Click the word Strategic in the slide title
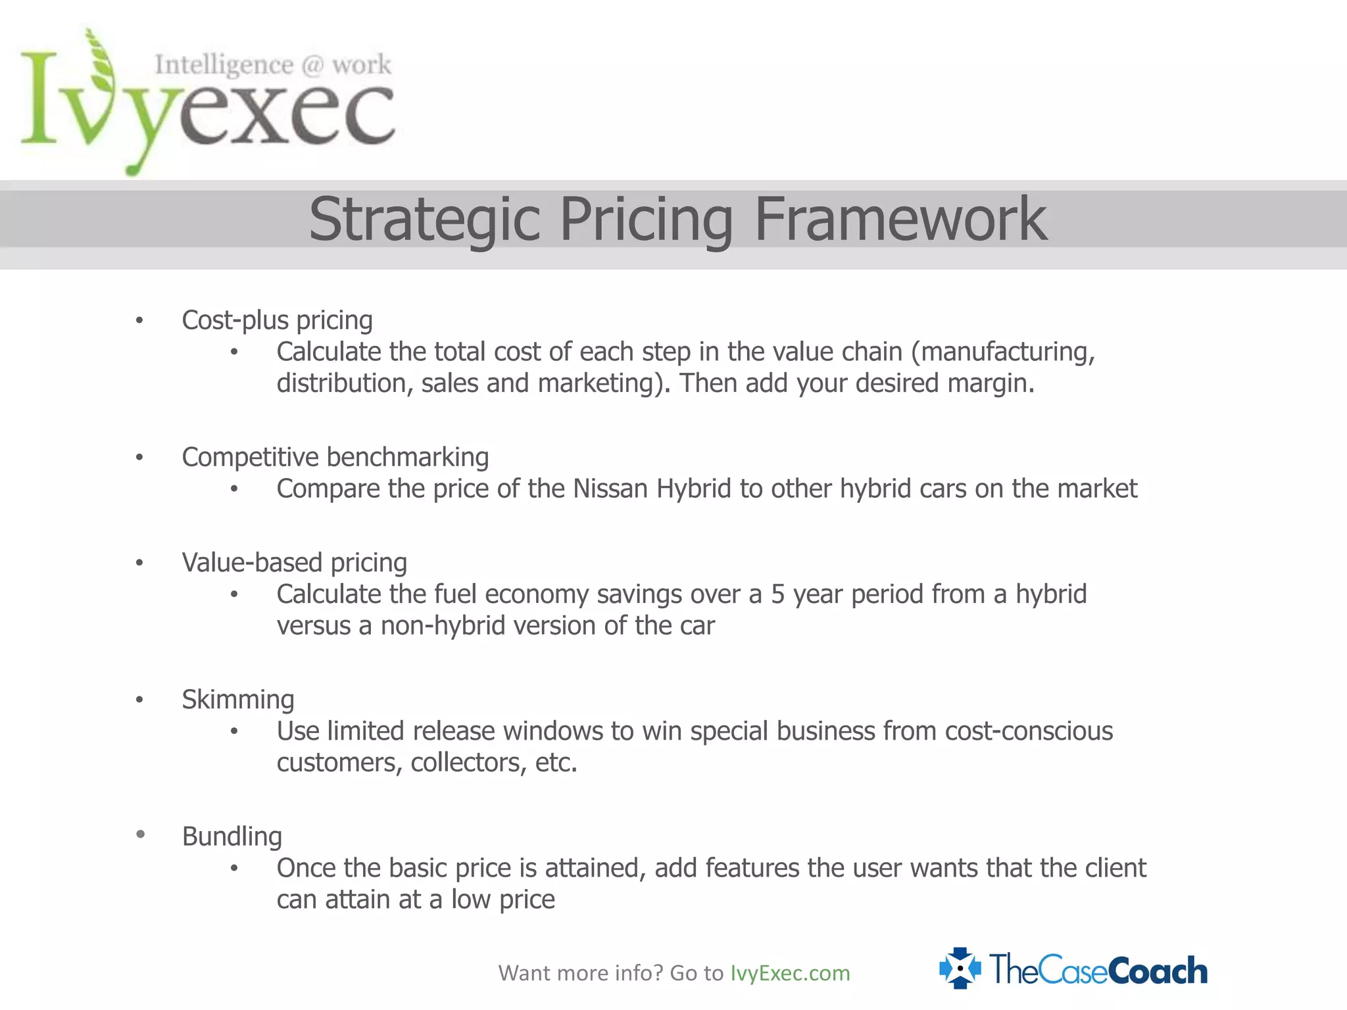(424, 220)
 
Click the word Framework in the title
(900, 220)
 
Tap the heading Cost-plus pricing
(277, 321)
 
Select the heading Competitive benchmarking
(335, 458)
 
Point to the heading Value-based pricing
(294, 563)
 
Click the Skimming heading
(237, 700)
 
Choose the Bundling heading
(232, 836)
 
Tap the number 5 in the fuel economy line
(777, 594)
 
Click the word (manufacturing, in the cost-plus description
(1002, 352)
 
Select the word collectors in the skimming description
(468, 763)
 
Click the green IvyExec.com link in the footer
(790, 973)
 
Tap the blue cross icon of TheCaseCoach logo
(960, 968)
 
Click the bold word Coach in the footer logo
(1158, 971)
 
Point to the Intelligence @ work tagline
(273, 65)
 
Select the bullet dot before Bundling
(140, 834)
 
